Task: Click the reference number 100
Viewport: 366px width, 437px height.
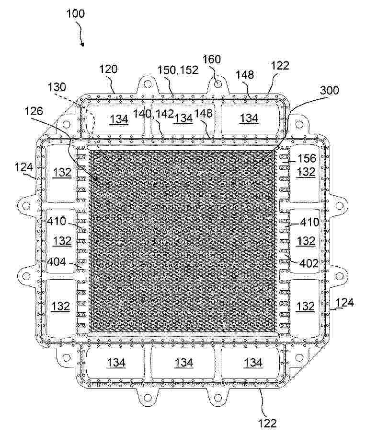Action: pos(75,13)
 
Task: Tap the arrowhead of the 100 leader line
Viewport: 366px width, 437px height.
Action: pos(82,44)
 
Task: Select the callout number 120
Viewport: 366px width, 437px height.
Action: pos(108,69)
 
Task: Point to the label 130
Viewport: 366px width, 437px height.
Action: pos(57,87)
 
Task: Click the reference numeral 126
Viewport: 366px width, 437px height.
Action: pos(34,111)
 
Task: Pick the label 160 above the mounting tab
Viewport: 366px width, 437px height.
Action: pos(212,59)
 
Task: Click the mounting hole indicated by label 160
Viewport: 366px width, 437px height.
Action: pos(218,83)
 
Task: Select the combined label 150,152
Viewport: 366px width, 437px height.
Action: pos(178,70)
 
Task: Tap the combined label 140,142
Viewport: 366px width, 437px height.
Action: pos(153,114)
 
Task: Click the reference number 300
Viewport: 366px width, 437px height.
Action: pos(330,90)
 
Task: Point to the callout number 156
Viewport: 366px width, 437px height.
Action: pos(307,158)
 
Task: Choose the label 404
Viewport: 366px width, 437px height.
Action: pos(57,262)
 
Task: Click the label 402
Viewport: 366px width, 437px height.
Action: pos(309,263)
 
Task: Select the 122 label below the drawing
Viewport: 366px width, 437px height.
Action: pos(267,423)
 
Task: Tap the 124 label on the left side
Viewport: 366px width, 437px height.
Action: pos(24,167)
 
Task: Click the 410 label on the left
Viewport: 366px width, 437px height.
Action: pos(57,221)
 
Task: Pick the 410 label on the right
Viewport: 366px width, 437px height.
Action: pos(309,222)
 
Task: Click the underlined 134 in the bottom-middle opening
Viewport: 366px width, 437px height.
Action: pos(184,363)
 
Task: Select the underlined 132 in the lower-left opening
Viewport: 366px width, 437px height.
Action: pos(61,306)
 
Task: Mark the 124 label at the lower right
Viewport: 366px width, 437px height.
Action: pos(345,302)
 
